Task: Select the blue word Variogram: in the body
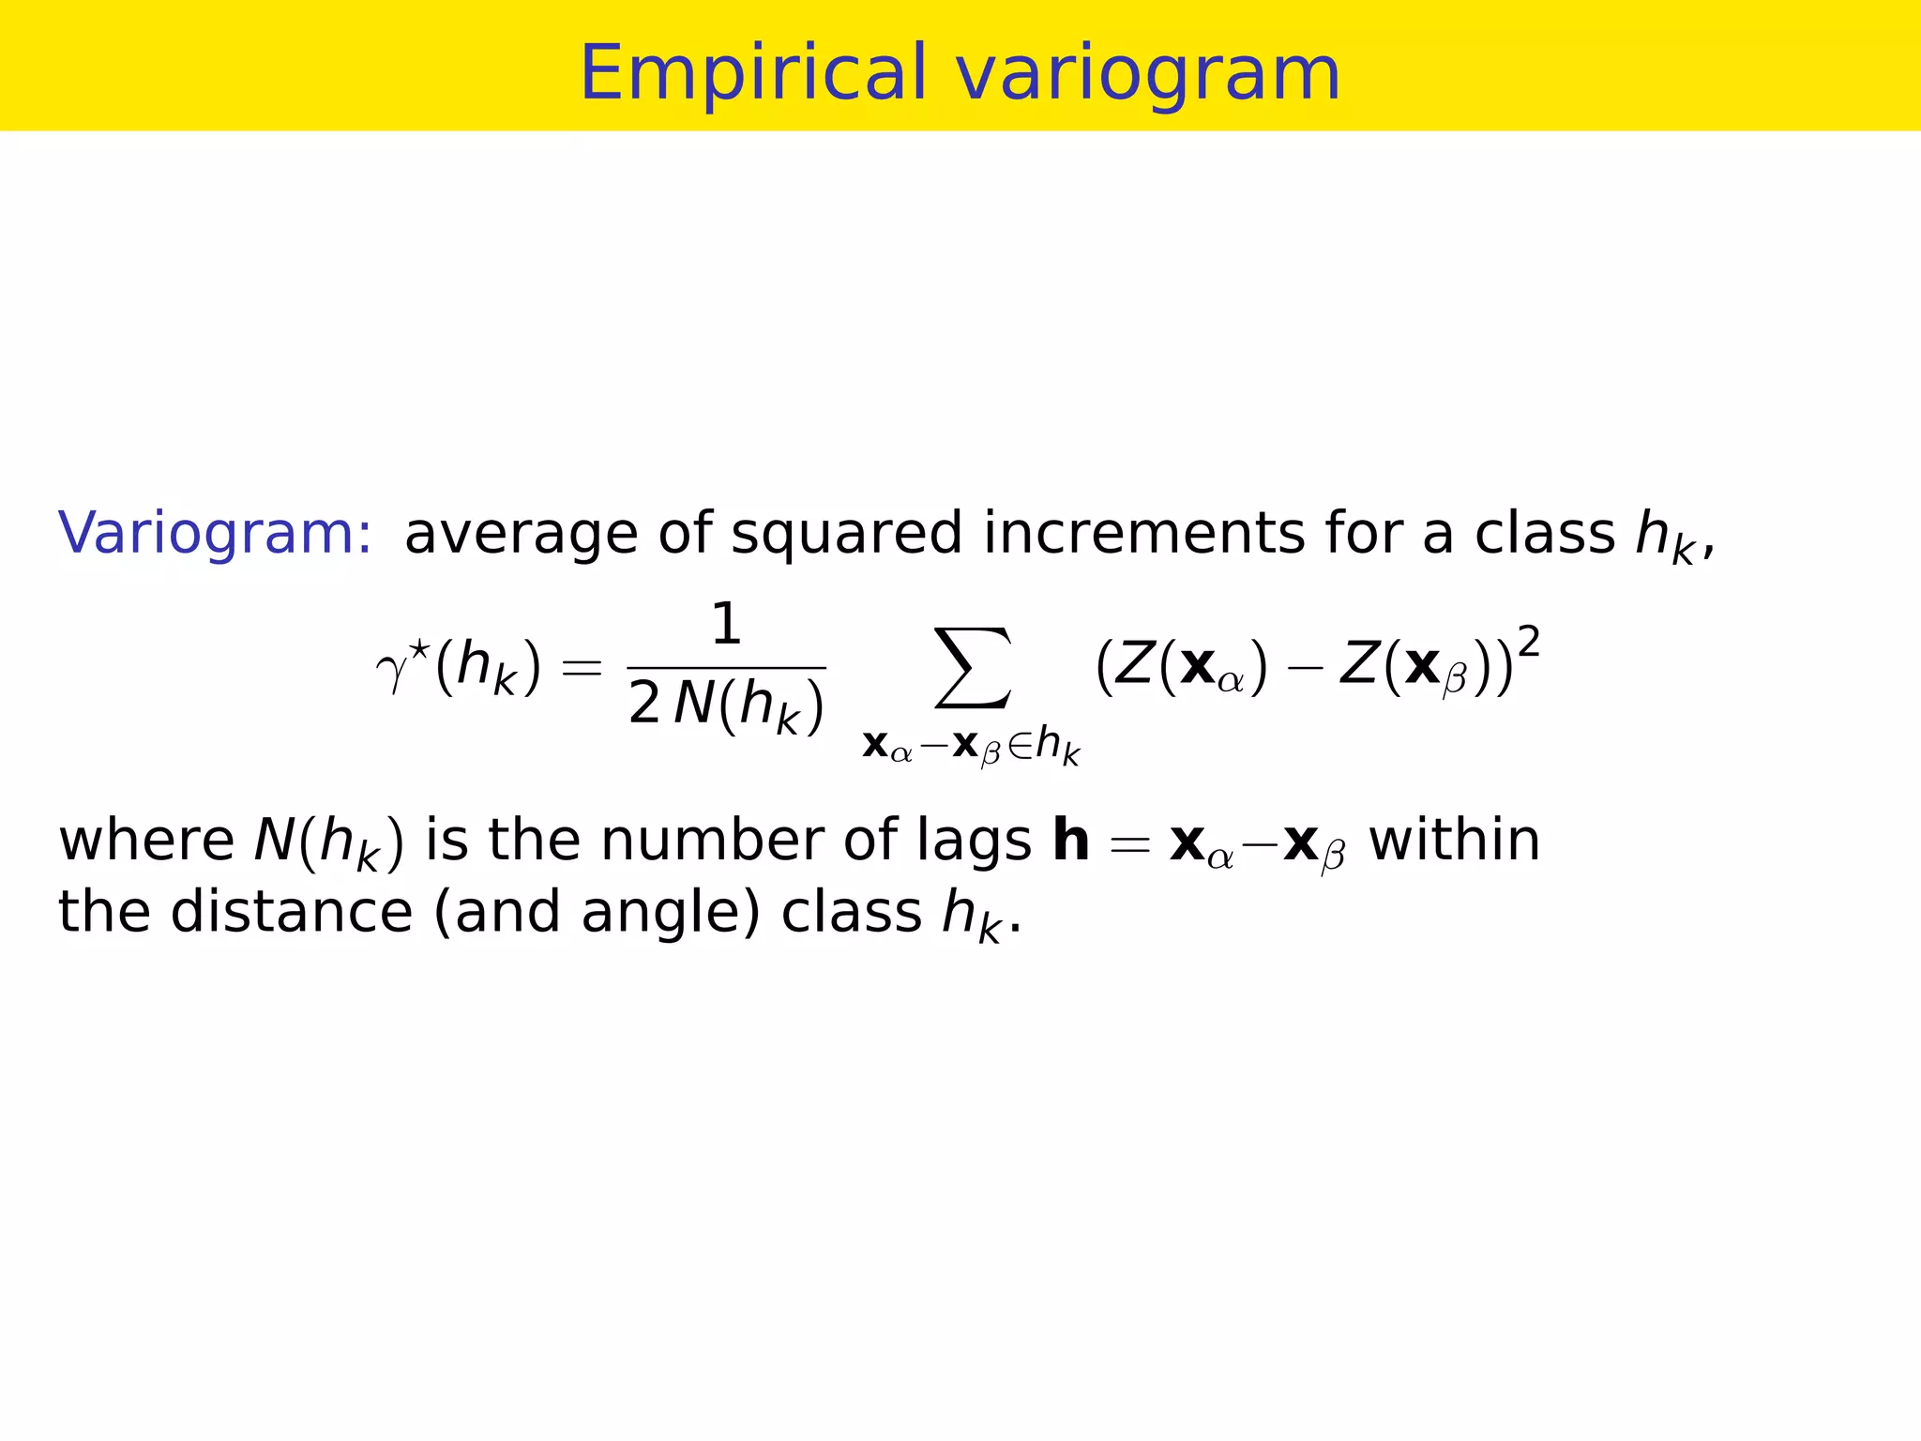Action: coord(215,533)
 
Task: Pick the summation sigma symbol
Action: coord(974,668)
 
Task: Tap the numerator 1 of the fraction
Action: coord(726,625)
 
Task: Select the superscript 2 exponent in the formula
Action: coord(1528,644)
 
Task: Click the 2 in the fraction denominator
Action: coord(644,705)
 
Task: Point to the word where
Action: coord(146,840)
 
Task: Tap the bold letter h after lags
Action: coord(1070,838)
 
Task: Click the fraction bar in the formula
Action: coord(726,668)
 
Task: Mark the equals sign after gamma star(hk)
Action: coord(581,669)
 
